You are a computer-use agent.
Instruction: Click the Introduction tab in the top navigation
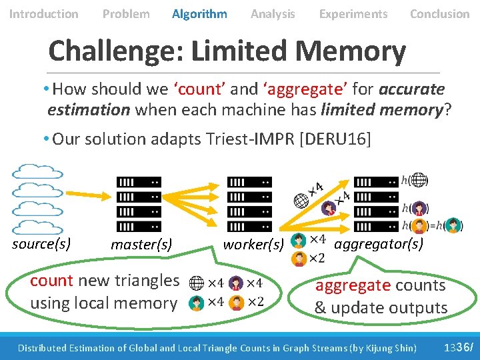pos(43,13)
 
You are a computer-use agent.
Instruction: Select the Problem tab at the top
pos(126,13)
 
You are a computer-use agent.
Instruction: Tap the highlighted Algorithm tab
pos(199,13)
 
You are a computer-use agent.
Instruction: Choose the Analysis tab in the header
pos(273,13)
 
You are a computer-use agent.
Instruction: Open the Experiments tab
pos(353,13)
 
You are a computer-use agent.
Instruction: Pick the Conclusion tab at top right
pos(439,13)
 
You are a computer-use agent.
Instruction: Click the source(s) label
pos(41,243)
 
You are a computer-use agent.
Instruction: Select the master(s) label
pos(141,245)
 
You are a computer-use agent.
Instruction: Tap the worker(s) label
pos(253,244)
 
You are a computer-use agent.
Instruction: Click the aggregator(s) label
pos(378,243)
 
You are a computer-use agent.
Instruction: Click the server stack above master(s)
pos(139,204)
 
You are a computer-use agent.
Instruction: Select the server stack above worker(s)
pos(249,204)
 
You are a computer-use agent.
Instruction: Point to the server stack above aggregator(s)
pos(375,204)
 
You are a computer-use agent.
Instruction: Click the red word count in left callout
pos(52,281)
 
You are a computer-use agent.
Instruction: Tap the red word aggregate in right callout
pos(352,285)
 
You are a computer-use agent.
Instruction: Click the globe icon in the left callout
pos(197,283)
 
